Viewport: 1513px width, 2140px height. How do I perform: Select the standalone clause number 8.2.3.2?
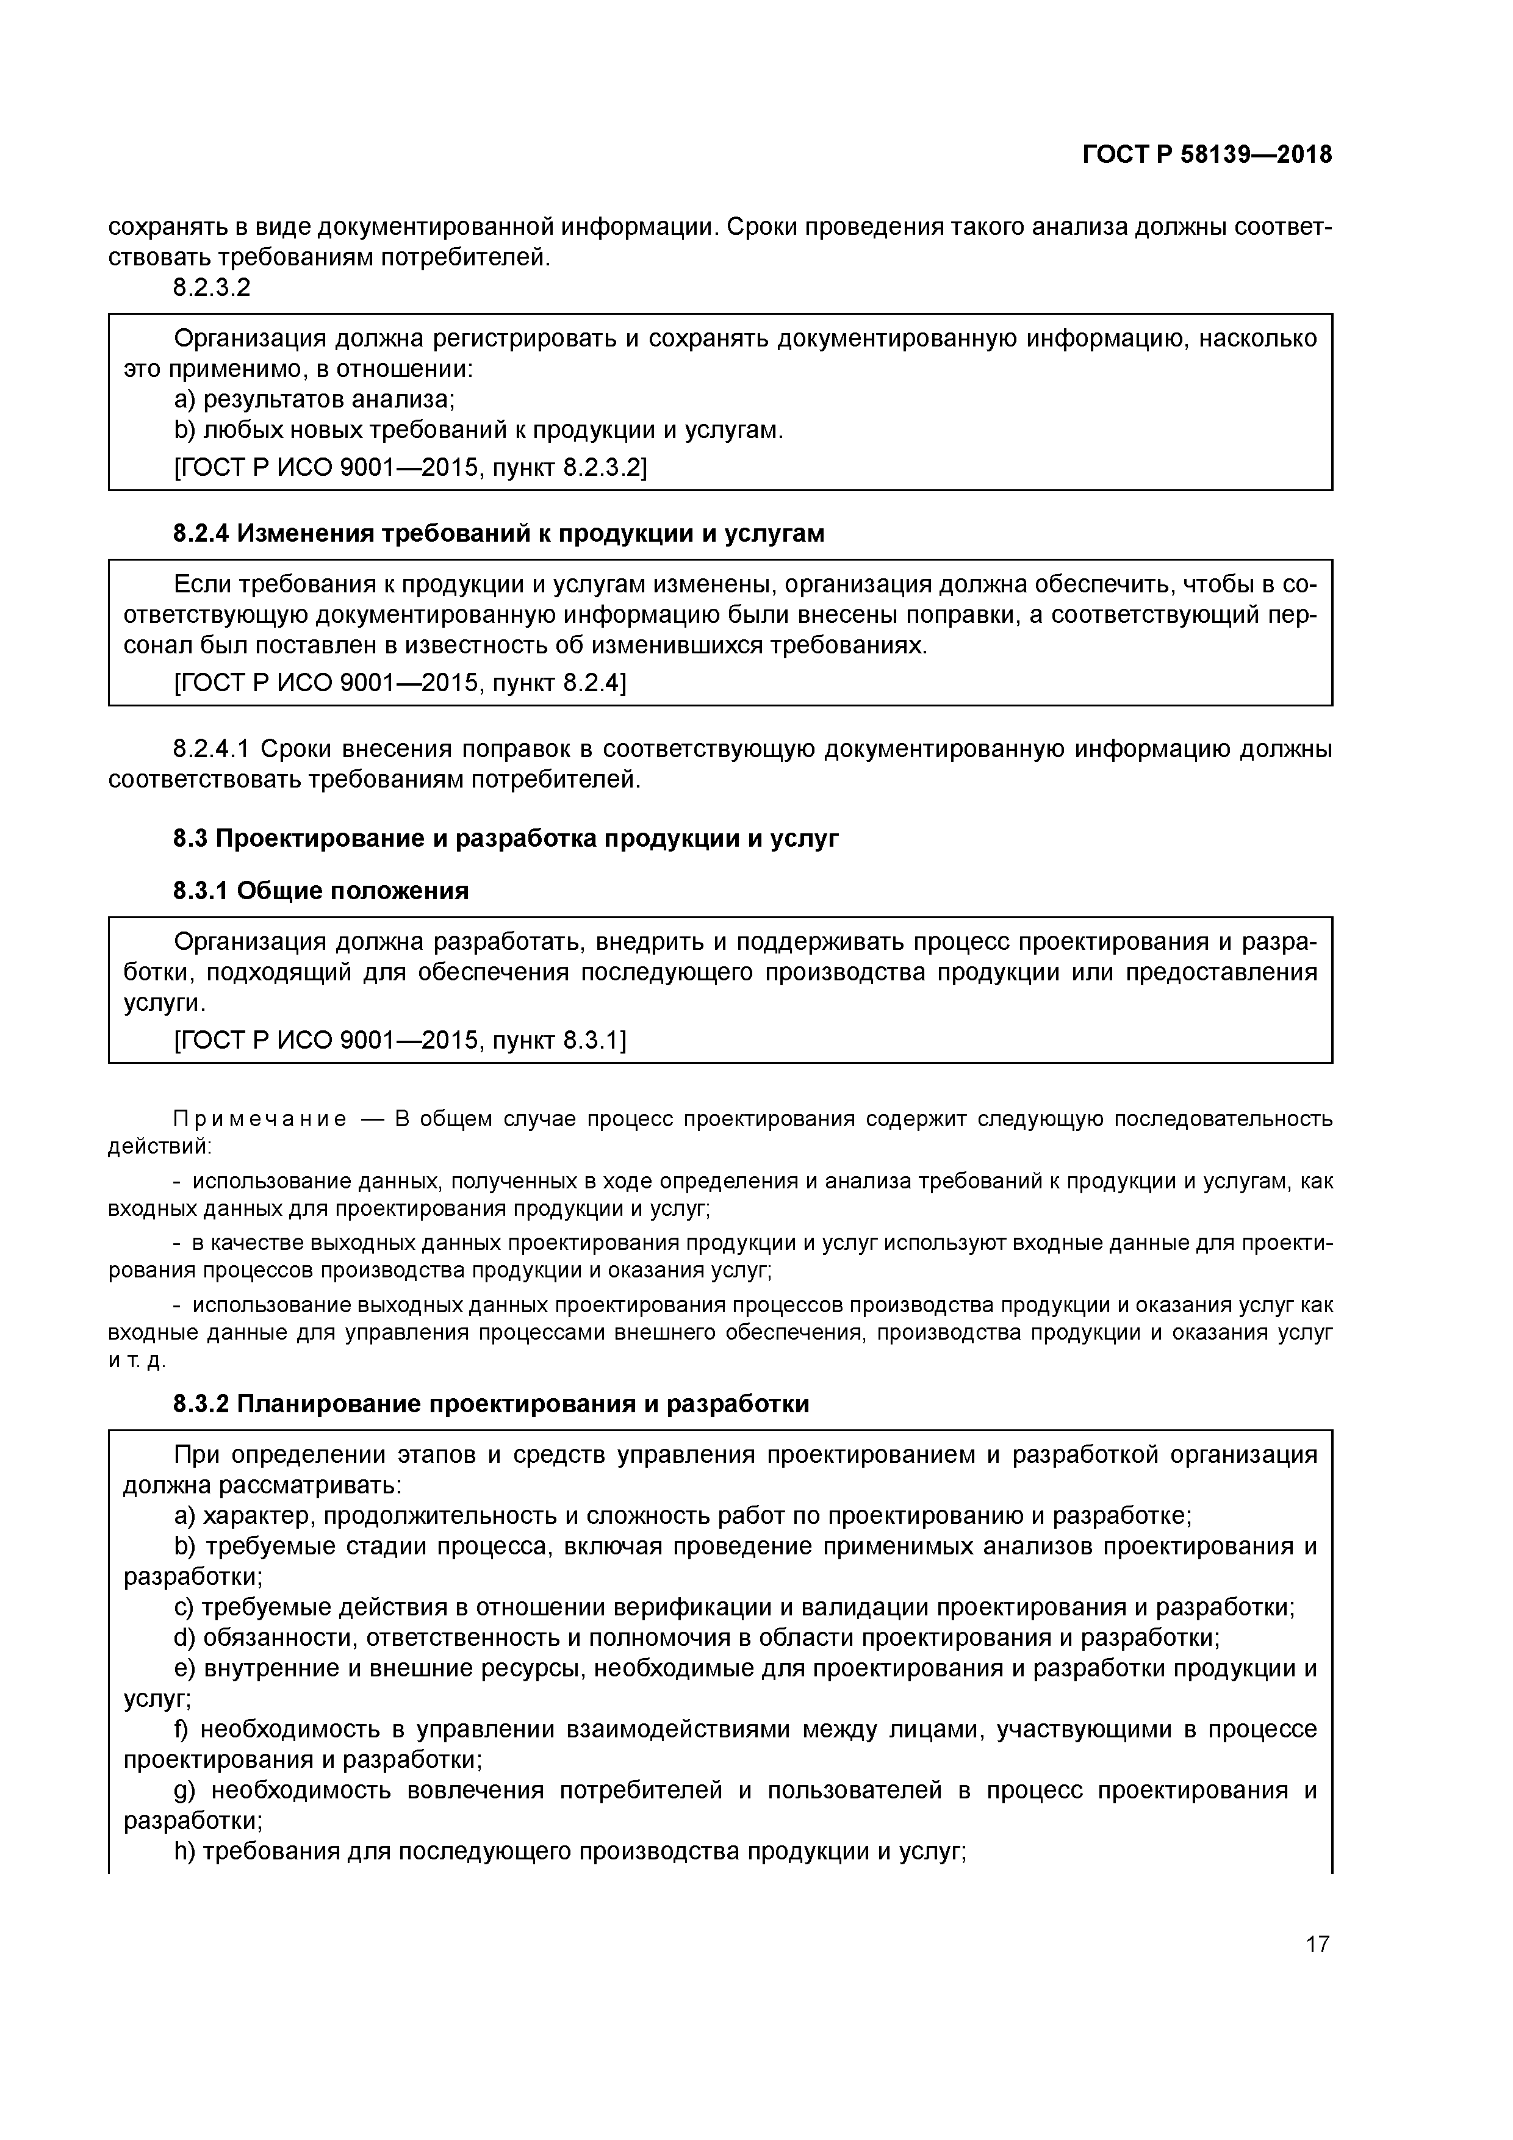tap(212, 288)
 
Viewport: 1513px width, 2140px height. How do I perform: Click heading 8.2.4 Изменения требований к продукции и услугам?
tap(498, 533)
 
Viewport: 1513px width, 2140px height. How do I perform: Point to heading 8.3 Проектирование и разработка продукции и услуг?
tap(505, 838)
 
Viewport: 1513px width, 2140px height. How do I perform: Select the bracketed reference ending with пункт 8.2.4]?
tap(400, 683)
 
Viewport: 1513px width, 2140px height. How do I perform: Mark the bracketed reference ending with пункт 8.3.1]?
tap(400, 1040)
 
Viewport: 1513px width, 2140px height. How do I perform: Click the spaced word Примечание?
tap(260, 1118)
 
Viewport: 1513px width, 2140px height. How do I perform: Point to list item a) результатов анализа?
tap(314, 400)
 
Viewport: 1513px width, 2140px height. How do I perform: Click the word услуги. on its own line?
tap(164, 1003)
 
